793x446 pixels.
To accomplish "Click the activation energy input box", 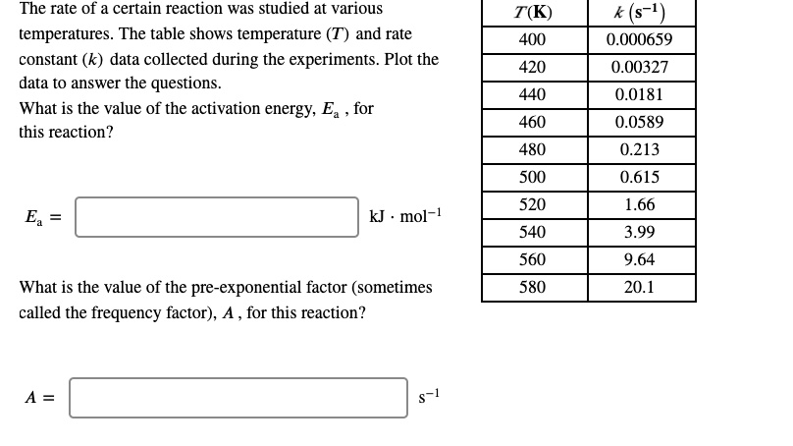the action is point(217,217).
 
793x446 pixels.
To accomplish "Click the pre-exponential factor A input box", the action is point(238,398).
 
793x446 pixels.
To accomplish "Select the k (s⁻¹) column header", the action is point(641,14).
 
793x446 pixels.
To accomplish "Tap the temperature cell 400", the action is point(533,40).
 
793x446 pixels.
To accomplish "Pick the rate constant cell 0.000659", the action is point(641,40).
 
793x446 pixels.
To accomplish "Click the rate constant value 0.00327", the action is point(641,68).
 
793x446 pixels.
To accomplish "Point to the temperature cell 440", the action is point(533,95).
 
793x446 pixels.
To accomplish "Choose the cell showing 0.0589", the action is point(641,123).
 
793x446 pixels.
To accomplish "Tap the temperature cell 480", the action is point(533,150).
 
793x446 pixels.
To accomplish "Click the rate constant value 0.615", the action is point(641,178).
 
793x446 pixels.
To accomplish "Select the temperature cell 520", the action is point(533,205).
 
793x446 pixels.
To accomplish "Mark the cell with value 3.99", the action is point(641,233).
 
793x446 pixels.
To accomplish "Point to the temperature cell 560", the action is point(533,260).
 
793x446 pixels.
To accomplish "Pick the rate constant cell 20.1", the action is point(641,288).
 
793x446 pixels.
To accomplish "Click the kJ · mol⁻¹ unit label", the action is point(404,216).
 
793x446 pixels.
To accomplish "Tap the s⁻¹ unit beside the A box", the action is point(423,396).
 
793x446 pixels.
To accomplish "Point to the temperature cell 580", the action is point(533,288).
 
